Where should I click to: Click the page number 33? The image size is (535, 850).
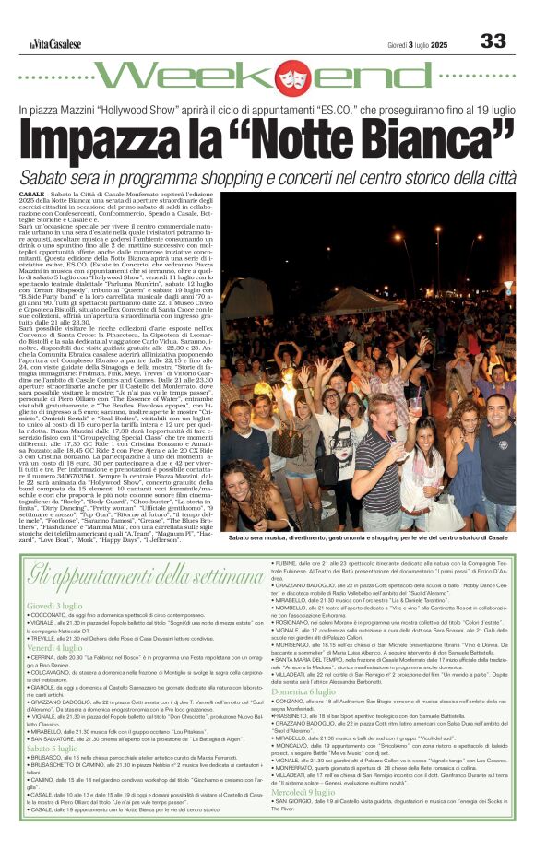493,41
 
